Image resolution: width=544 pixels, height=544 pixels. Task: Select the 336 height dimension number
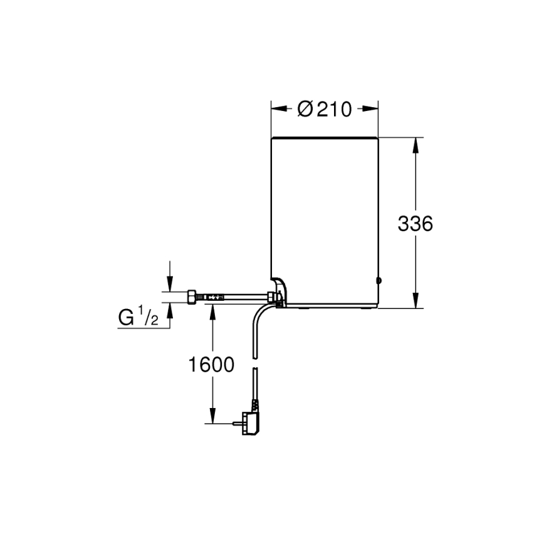(415, 224)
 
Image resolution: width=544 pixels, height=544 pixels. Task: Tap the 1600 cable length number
(211, 365)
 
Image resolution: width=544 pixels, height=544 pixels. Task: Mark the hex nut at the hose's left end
(192, 296)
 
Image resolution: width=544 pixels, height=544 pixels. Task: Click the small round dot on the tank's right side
(379, 280)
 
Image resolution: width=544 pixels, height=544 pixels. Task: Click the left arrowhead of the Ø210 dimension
(276, 109)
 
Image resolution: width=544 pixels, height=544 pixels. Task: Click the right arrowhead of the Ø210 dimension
(374, 109)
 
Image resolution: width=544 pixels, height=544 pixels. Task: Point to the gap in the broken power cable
(254, 364)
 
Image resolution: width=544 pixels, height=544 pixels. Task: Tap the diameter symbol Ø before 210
(305, 109)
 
